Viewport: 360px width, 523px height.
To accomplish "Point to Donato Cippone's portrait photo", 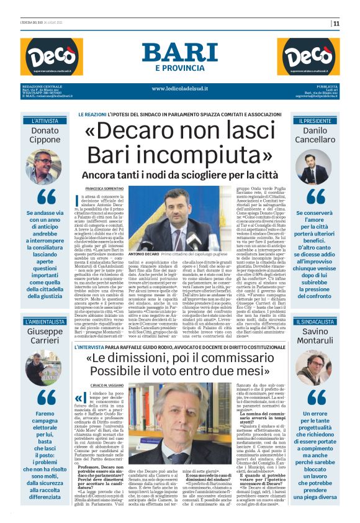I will [x=43, y=166].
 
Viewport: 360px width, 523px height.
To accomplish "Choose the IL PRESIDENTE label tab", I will [x=315, y=121].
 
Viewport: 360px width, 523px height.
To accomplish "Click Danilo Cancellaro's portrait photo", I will [x=315, y=166].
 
